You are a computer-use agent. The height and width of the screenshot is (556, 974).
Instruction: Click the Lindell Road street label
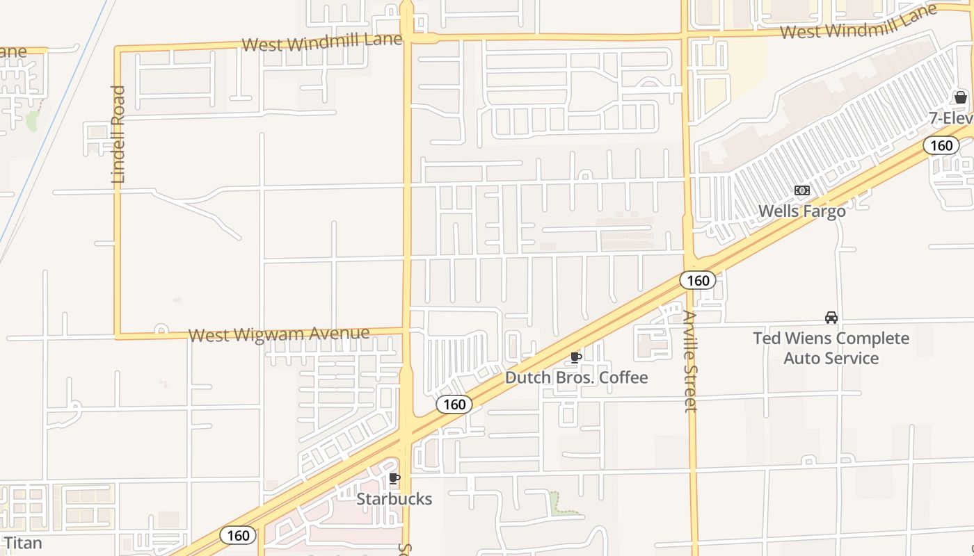118,134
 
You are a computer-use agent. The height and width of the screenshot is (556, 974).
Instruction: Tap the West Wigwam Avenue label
279,334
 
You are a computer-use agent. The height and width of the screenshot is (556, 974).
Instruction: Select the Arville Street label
690,361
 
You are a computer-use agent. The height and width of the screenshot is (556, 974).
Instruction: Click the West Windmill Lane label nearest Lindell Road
321,42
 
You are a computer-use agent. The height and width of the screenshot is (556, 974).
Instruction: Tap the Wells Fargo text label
801,211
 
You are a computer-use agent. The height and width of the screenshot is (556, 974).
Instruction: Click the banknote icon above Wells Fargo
802,190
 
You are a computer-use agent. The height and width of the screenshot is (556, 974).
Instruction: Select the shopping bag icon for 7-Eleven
961,97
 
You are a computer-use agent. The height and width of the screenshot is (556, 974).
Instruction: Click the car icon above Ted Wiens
831,318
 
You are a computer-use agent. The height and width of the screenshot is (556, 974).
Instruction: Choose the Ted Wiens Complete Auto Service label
831,348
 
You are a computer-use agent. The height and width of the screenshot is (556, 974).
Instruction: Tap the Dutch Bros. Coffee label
576,377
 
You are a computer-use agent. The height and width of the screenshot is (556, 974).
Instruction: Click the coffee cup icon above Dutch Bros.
576,358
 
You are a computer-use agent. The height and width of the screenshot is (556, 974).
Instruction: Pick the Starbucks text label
394,499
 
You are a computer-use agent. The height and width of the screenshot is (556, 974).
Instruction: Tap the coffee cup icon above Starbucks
394,478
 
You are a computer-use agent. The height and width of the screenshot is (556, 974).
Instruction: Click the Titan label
23,543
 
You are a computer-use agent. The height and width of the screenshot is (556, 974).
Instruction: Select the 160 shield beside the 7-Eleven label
941,145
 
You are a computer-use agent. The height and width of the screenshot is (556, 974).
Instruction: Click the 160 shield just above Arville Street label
697,280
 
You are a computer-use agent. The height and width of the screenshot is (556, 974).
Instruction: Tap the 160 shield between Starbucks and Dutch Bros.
454,404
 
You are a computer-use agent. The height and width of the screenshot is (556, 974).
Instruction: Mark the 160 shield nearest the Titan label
238,535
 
